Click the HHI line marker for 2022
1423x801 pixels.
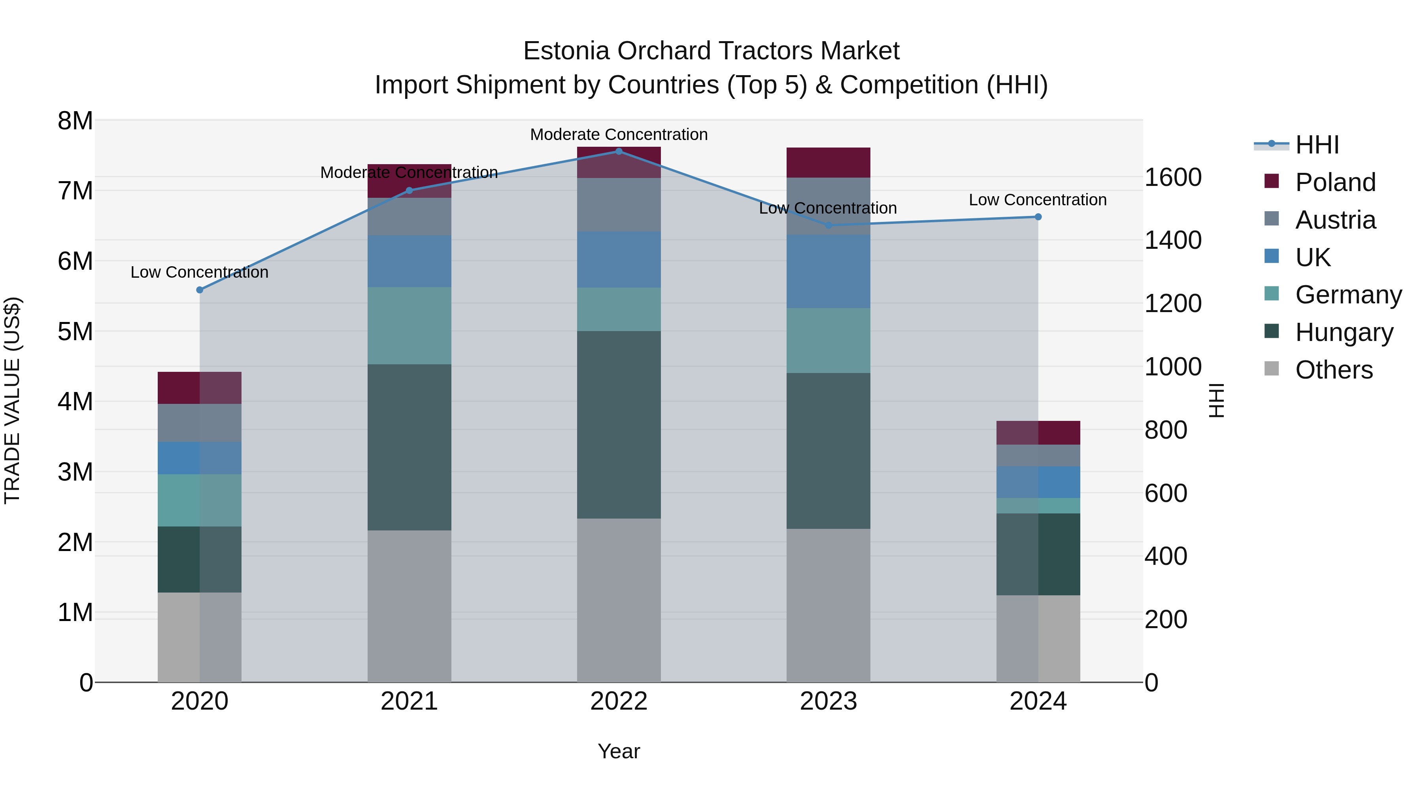click(x=619, y=151)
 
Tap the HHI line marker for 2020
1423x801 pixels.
click(x=200, y=290)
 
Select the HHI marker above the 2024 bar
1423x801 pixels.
click(x=1038, y=217)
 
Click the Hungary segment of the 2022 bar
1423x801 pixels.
click(x=619, y=424)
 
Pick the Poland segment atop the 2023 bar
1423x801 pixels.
click(x=828, y=163)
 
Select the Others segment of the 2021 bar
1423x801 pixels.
click(x=410, y=606)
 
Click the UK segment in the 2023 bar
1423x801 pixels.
click(x=828, y=271)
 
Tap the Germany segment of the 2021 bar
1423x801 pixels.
click(x=410, y=326)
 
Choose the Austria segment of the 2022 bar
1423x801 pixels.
click(x=619, y=205)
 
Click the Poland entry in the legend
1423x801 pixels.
click(x=1334, y=182)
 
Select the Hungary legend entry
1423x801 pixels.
click(x=1344, y=332)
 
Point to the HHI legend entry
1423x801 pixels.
click(x=1316, y=145)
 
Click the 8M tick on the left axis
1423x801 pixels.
click(x=75, y=121)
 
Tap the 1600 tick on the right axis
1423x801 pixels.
click(x=1172, y=178)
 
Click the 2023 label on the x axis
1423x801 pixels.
click(x=828, y=701)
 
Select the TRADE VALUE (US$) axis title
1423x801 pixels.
click(x=12, y=400)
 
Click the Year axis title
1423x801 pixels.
click(x=619, y=751)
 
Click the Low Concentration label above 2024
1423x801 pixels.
click(x=1038, y=200)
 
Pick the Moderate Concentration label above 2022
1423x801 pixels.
click(x=619, y=134)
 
